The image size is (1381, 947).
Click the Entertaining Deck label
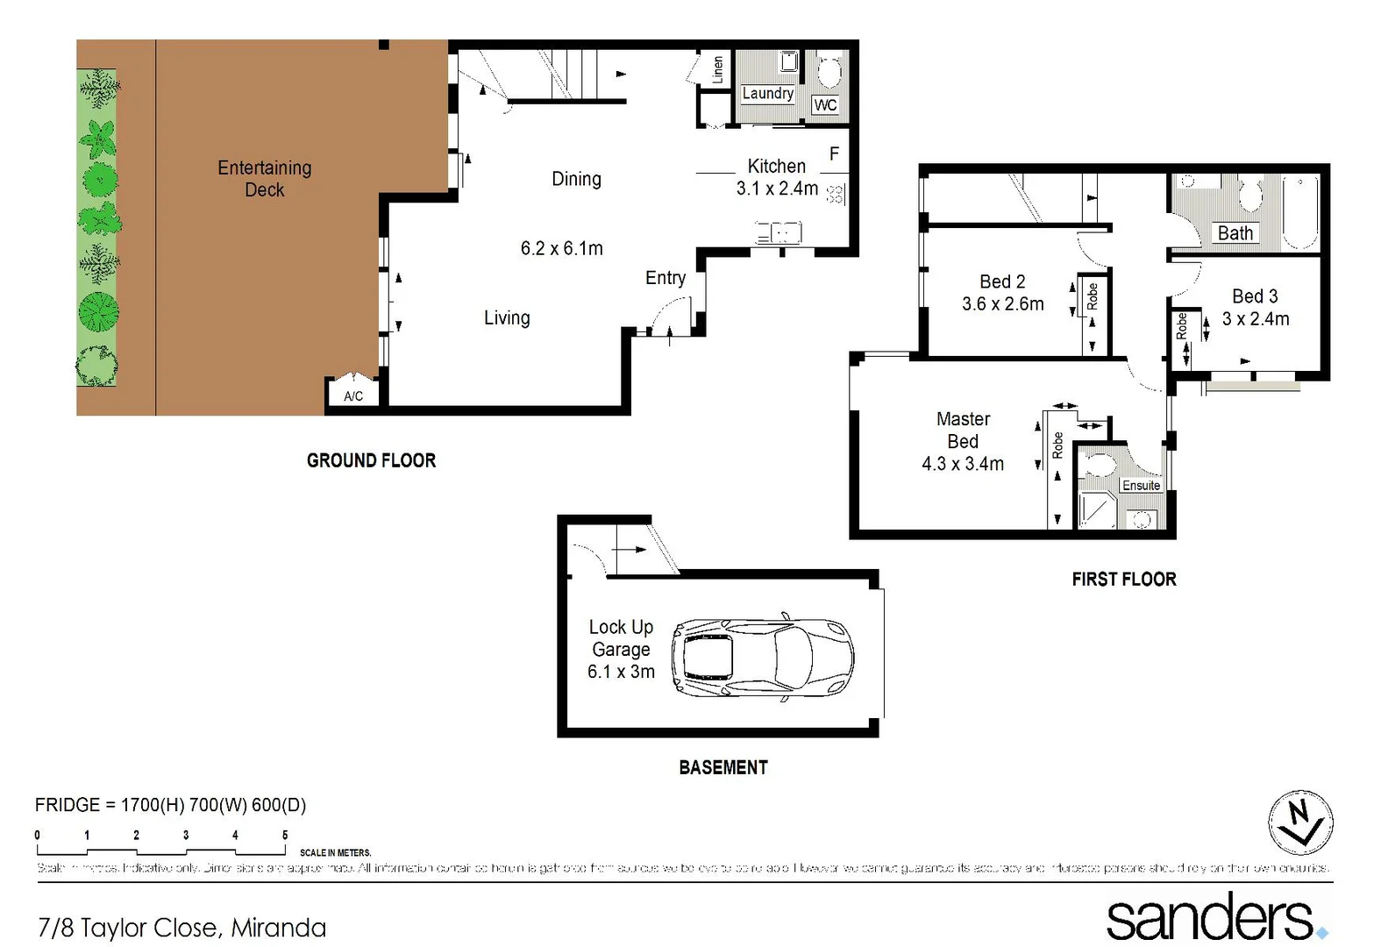[x=264, y=178]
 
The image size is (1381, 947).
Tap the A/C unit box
[x=353, y=395]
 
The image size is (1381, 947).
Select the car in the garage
[x=762, y=659]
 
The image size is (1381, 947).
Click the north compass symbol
[x=1300, y=822]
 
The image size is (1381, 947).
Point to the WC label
[x=825, y=105]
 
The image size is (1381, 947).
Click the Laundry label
[x=767, y=93]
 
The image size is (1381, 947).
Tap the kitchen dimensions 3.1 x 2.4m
[x=777, y=189]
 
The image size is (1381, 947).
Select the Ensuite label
[x=1141, y=486]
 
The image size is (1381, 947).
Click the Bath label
[x=1235, y=233]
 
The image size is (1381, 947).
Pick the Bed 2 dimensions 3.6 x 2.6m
[x=1002, y=304]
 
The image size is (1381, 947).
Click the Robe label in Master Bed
[x=1057, y=445]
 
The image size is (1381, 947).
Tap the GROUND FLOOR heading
[x=371, y=460]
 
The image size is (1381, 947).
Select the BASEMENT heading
[x=723, y=767]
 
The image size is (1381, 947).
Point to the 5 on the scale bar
[x=284, y=835]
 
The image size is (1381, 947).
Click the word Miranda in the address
[x=278, y=928]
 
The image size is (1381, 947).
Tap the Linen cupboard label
[x=717, y=69]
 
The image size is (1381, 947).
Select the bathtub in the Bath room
[x=1299, y=213]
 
